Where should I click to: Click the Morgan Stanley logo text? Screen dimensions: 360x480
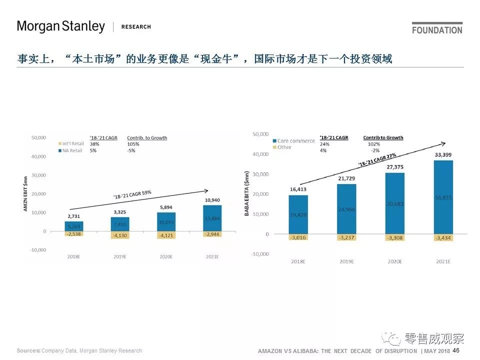coord(61,26)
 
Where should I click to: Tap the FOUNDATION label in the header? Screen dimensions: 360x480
coord(437,30)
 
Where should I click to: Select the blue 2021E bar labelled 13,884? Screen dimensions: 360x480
coord(212,218)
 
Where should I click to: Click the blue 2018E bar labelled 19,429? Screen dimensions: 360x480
coord(298,214)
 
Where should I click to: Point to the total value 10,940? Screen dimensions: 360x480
coord(212,200)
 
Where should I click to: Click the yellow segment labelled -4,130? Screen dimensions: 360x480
coord(120,235)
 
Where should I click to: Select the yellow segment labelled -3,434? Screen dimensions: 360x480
coord(443,237)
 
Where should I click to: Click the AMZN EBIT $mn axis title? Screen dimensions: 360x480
coord(25,193)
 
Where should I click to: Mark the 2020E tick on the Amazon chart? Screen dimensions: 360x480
coord(166,256)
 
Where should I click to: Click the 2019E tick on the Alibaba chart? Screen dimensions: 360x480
coord(346,261)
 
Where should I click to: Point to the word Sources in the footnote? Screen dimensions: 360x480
coord(28,350)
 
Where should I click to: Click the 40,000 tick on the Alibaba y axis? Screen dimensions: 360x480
coord(261,154)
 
